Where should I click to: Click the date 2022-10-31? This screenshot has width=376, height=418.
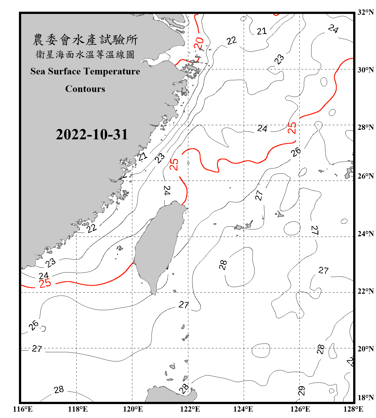[x=92, y=135]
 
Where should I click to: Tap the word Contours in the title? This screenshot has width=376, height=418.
[x=85, y=89]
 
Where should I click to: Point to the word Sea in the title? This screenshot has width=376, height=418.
[x=38, y=71]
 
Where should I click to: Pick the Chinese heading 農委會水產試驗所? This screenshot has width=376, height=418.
[x=85, y=40]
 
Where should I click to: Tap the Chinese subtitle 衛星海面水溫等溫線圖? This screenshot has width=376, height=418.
[x=85, y=54]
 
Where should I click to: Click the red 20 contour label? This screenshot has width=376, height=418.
[x=199, y=43]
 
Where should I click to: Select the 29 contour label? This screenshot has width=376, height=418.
[x=302, y=391]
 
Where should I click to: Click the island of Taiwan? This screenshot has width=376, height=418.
[x=159, y=245]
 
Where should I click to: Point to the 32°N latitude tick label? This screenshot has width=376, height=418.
[x=366, y=12]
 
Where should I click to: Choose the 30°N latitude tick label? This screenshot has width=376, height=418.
[x=366, y=70]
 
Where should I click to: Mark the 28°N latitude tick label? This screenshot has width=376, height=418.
[x=366, y=127]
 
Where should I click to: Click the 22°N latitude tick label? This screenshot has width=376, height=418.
[x=366, y=291]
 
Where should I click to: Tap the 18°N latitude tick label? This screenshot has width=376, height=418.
[x=366, y=398]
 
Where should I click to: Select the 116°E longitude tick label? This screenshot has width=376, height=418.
[x=23, y=409]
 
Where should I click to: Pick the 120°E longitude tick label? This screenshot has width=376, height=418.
[x=133, y=409]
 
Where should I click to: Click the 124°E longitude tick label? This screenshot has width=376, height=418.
[x=243, y=409]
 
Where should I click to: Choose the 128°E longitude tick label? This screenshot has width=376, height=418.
[x=353, y=409]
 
